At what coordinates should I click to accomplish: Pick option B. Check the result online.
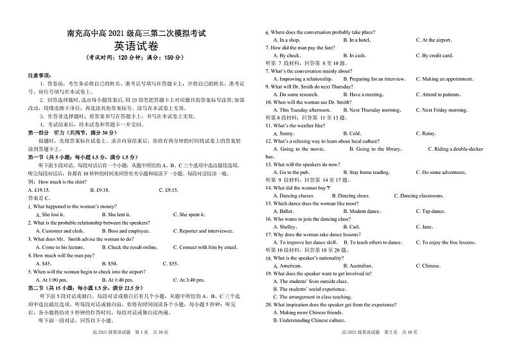(x=124, y=247)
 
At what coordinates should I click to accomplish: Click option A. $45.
(x=43, y=263)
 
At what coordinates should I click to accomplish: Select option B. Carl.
(x=351, y=227)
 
